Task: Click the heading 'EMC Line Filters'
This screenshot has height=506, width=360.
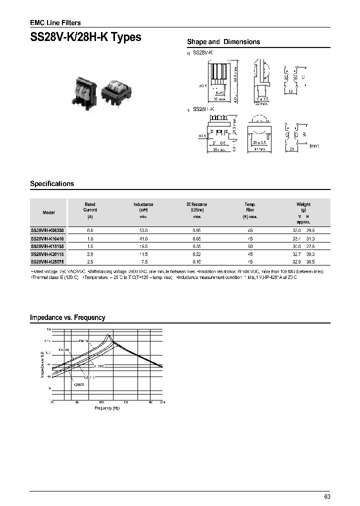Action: (x=55, y=22)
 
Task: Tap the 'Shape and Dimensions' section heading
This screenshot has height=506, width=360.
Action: (x=223, y=42)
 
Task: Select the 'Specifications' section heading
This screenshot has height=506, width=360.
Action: (x=52, y=183)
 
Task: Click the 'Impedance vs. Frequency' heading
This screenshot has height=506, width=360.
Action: (x=67, y=317)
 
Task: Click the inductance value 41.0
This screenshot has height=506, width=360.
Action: (x=143, y=239)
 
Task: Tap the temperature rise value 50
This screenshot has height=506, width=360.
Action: (x=250, y=246)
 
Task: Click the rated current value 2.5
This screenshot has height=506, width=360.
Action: (x=90, y=261)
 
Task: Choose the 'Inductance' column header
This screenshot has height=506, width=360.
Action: (x=143, y=204)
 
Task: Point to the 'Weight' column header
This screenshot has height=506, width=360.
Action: (x=303, y=204)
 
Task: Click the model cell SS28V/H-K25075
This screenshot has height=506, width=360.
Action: (x=48, y=261)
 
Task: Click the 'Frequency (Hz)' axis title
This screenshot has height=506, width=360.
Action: (x=107, y=408)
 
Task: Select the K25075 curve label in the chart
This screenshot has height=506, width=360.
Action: (x=79, y=385)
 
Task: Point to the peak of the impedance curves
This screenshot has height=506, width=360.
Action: (x=109, y=335)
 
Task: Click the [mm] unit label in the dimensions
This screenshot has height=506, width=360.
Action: (x=314, y=146)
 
